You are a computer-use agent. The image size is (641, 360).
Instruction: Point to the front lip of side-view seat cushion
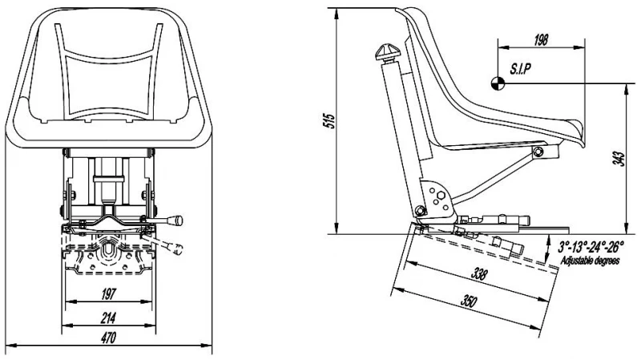[x=579, y=128]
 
